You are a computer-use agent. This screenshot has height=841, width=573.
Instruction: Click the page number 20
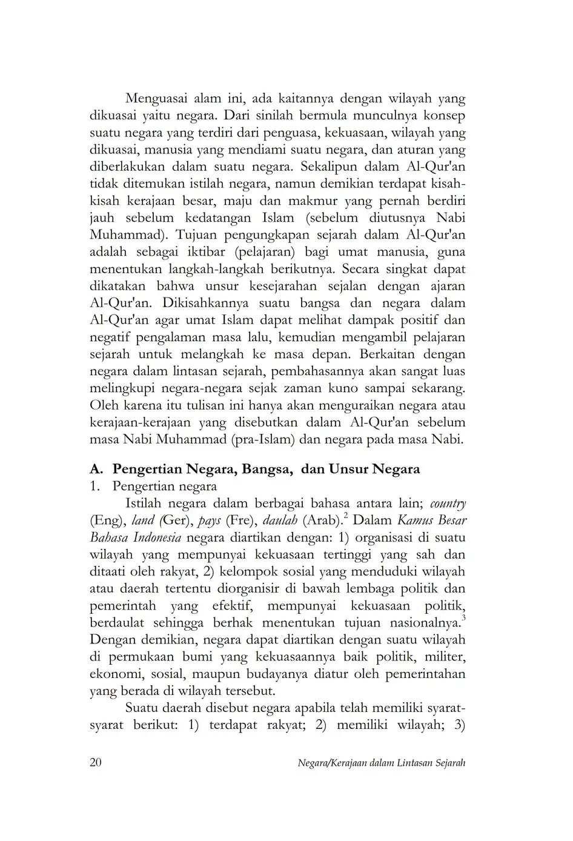pyautogui.click(x=95, y=762)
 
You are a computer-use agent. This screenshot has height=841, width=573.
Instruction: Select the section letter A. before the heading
pyautogui.click(x=97, y=468)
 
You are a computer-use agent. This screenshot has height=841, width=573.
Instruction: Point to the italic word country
pyautogui.click(x=448, y=503)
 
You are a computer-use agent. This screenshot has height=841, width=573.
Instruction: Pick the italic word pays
pyautogui.click(x=209, y=520)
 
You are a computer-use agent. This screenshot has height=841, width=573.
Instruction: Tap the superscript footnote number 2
pyautogui.click(x=345, y=516)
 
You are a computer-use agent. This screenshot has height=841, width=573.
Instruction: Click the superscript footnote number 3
pyautogui.click(x=463, y=618)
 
